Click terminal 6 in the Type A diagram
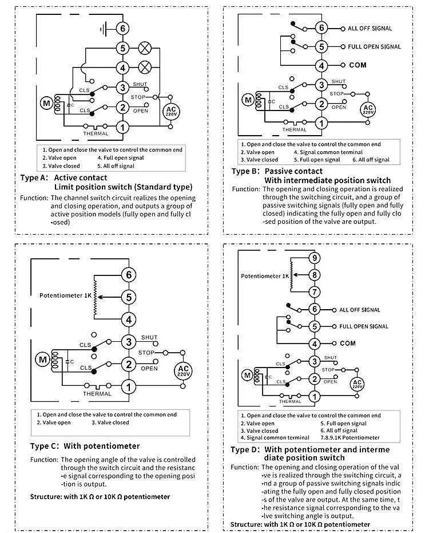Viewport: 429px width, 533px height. pos(122,28)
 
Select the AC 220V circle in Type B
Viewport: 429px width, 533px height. pos(368,109)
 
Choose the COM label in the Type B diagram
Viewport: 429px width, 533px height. pos(357,65)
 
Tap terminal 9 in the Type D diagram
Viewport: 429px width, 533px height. pos(313,258)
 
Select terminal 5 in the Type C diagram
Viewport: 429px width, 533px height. pos(129,297)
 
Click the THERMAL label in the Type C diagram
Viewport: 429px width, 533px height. pos(97,394)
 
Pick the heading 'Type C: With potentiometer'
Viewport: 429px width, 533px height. pos(85,445)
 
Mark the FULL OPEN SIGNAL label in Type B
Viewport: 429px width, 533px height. pos(375,46)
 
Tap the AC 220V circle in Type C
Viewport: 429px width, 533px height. pos(182,370)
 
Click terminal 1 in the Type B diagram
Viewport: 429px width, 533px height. pos(321,122)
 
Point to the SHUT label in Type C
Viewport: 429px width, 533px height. pos(149,337)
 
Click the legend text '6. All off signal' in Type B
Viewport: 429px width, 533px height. pos(367,160)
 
